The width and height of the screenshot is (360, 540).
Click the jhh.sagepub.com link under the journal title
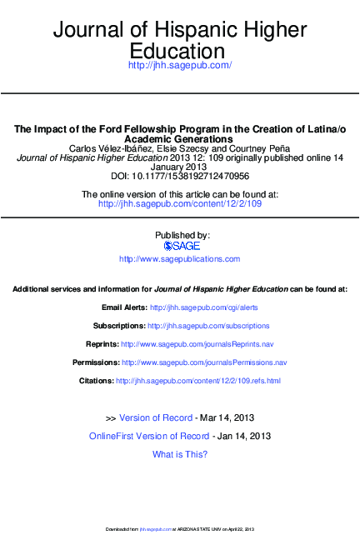pos(179,65)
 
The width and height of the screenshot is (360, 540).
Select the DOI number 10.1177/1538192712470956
pos(196,176)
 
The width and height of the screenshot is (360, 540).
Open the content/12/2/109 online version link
pos(180,203)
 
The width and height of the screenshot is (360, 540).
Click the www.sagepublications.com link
pos(180,259)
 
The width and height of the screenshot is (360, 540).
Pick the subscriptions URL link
pos(208,326)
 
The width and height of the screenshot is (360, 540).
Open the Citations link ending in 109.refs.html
pos(197,381)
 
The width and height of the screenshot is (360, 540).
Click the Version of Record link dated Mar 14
pos(156,417)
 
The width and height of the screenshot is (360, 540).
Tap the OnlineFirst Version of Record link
pos(149,436)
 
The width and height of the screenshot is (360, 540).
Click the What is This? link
pos(180,454)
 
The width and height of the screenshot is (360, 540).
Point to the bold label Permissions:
pos(95,362)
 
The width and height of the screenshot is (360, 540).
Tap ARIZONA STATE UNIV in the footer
pos(197,529)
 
